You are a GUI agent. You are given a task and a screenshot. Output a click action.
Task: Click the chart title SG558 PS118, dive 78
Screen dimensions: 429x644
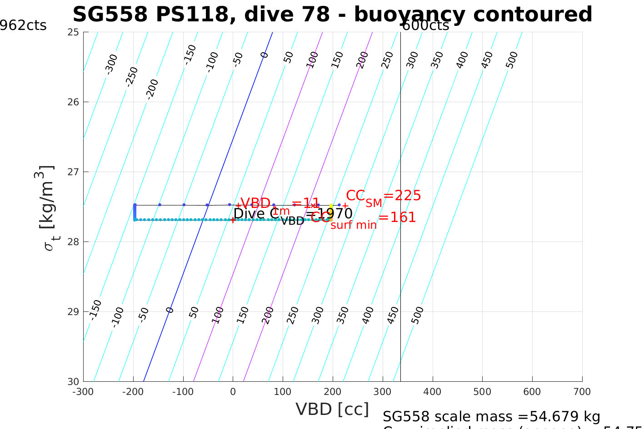coord(332,15)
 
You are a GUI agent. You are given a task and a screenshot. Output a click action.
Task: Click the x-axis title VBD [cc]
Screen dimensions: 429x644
coord(332,409)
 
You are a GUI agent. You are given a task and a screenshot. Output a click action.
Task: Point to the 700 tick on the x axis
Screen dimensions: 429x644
coord(582,391)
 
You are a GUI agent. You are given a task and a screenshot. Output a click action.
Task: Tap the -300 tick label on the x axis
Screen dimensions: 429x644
coord(83,391)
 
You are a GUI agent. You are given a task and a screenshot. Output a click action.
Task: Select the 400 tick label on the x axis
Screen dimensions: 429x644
coord(432,391)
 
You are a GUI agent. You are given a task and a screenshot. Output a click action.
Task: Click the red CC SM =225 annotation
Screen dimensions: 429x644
coord(383,197)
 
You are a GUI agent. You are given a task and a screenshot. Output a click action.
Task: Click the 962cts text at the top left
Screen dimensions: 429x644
coord(23,25)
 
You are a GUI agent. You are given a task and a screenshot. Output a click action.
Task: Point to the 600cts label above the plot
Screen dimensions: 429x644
coord(425,25)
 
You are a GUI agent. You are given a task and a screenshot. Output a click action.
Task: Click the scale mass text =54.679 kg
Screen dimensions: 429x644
coord(491,416)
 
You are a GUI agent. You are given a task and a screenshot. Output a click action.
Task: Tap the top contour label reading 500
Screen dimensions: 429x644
coord(512,60)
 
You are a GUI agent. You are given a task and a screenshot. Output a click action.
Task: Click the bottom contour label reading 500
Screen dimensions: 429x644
coord(417,315)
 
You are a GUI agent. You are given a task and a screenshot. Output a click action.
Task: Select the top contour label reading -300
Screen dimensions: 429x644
coord(111,64)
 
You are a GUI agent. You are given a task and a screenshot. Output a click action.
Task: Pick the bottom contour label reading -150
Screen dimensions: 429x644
coord(95,310)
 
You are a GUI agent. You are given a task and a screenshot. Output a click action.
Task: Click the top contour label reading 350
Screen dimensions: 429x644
coord(437,60)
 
